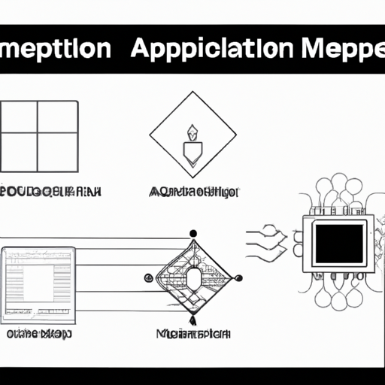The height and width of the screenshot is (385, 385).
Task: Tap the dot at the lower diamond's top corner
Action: [193, 234]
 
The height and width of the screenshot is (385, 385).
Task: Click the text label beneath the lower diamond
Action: [193, 333]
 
